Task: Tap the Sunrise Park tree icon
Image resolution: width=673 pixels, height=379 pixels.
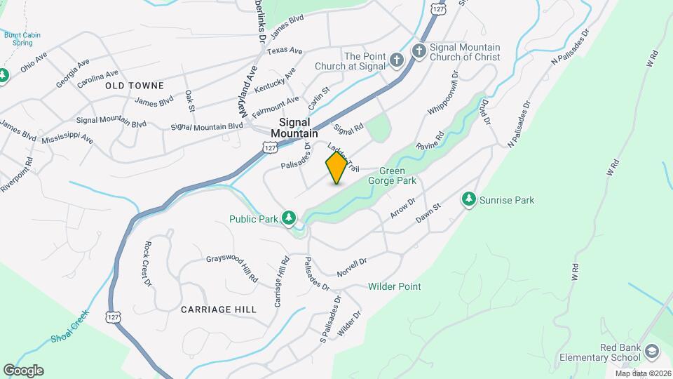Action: [469, 200]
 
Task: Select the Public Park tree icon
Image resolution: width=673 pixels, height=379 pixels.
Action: [288, 218]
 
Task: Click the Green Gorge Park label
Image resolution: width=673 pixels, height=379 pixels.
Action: [398, 175]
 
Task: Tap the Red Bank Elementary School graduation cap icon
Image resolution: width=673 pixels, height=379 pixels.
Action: [652, 352]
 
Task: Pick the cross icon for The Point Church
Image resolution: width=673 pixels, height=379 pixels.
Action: [396, 60]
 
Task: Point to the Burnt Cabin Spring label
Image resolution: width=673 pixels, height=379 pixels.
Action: [18, 38]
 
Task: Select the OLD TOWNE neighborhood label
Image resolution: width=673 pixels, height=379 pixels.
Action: [135, 86]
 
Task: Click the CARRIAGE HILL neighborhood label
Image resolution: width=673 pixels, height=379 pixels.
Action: [218, 309]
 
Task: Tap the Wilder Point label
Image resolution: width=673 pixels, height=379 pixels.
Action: [395, 286]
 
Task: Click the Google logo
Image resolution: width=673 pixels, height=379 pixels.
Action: [23, 371]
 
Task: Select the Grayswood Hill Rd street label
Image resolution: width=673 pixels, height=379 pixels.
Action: [232, 269]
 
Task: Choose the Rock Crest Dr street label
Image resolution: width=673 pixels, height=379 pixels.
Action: [147, 264]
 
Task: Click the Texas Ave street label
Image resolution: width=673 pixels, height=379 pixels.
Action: [285, 51]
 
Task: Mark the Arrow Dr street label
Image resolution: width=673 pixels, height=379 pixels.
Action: [402, 207]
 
